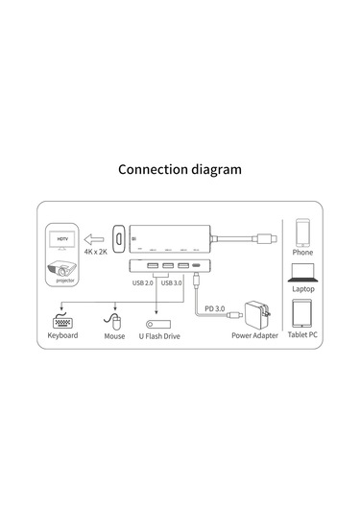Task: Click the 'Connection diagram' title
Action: click(180, 169)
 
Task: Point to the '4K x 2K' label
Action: click(96, 253)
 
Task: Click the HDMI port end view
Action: click(120, 236)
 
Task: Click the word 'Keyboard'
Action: click(62, 336)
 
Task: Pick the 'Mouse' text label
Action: click(114, 336)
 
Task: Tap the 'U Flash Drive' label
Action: click(159, 336)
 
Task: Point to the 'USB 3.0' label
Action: click(172, 282)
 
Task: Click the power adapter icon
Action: click(257, 314)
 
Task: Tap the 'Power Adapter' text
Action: click(254, 336)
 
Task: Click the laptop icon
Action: click(302, 273)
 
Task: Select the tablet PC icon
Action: click(302, 314)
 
